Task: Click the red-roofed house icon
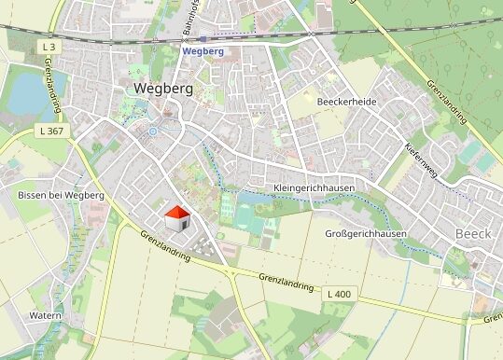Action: (x=177, y=219)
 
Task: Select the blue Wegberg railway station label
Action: (x=203, y=51)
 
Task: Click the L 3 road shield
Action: (x=49, y=46)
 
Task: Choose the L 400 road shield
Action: (x=340, y=295)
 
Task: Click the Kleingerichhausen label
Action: (x=316, y=187)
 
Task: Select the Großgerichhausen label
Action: (x=365, y=233)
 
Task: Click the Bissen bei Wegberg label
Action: (x=61, y=195)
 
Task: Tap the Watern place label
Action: (x=45, y=315)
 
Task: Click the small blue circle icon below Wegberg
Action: (x=152, y=132)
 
